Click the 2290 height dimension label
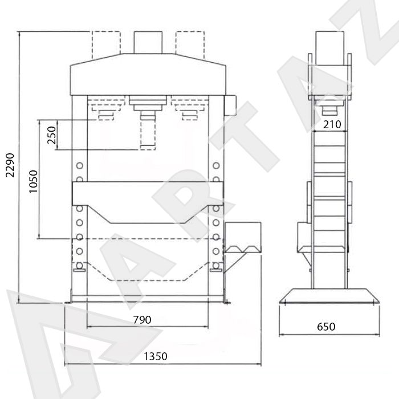point(10,165)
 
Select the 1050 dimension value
point(33,181)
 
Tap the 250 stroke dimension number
point(52,135)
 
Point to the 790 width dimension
point(142,320)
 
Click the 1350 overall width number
point(156,356)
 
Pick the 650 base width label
point(326,327)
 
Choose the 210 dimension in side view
point(332,124)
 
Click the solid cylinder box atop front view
point(148,43)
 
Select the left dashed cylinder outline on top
point(107,45)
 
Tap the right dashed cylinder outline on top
point(190,45)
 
